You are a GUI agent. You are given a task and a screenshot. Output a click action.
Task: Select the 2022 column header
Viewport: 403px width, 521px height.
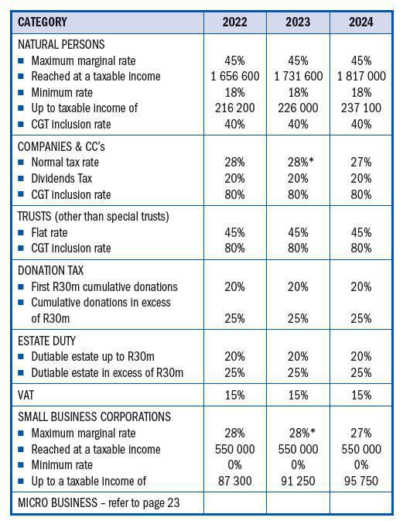234,22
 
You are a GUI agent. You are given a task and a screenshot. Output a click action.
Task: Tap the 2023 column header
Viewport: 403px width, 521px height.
298,22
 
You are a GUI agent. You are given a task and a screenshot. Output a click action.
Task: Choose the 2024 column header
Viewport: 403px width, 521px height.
360,22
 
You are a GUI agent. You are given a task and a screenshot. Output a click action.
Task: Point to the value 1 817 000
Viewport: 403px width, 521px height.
360,77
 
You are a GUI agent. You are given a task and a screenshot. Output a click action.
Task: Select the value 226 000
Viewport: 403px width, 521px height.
298,108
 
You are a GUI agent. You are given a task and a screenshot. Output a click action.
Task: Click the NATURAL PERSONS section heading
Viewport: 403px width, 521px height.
60,45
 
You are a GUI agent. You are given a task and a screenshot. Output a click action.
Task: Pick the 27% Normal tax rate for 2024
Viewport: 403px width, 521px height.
360,163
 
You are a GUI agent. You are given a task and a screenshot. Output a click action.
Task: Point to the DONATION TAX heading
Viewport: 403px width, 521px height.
51,270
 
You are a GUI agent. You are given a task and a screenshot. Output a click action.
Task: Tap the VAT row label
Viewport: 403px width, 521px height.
27,394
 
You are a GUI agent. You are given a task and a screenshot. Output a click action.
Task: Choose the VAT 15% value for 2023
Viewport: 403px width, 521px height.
298,394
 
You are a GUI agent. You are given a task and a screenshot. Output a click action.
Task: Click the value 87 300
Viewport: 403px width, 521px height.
234,481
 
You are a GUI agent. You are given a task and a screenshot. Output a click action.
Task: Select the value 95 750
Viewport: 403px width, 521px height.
360,481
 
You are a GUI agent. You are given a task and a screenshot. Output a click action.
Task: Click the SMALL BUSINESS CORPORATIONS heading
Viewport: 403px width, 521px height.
94,417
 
